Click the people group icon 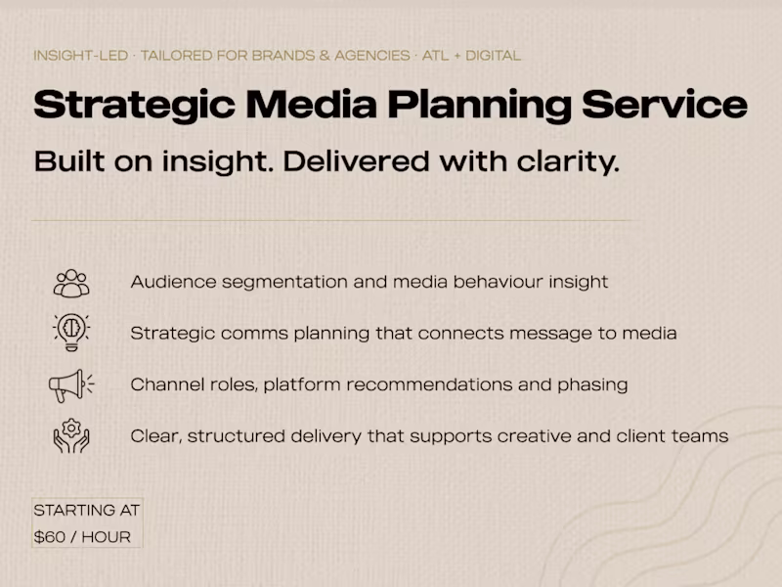71,283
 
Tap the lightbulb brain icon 71,333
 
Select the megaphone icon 71,384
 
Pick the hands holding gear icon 71,435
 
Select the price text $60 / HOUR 82,537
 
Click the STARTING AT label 86,511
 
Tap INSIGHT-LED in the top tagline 80,56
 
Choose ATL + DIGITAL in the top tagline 471,56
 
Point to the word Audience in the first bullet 172,282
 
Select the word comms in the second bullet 255,334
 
